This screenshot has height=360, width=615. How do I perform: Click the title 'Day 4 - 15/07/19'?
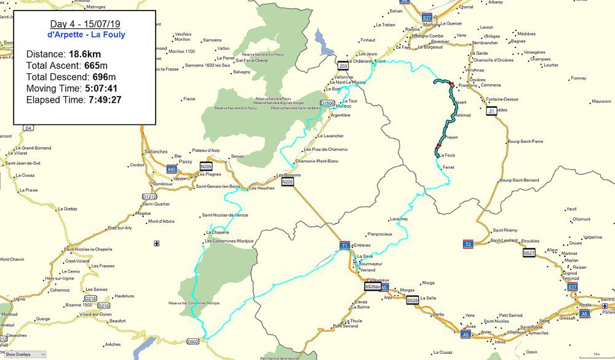point(84,24)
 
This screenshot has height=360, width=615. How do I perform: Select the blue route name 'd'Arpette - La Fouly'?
point(84,34)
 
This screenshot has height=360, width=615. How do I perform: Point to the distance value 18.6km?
point(85,54)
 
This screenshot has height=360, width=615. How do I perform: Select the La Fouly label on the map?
point(446,156)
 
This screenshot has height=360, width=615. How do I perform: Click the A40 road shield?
point(171,169)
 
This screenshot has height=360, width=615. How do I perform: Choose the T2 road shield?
point(468,244)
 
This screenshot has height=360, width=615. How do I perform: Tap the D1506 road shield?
point(328,103)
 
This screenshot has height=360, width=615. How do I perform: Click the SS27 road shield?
point(529,253)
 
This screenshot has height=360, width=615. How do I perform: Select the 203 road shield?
point(343,66)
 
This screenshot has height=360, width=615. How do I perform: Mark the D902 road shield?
point(193,342)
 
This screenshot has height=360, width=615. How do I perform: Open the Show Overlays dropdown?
point(25,354)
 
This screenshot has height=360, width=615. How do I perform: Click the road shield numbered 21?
point(491,111)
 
